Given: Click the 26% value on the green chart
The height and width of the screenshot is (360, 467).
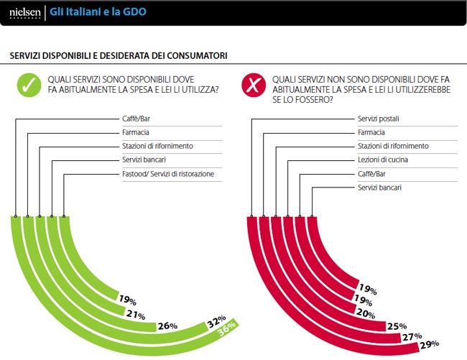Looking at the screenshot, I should (167, 326).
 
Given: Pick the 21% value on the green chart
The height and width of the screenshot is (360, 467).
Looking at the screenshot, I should (136, 315).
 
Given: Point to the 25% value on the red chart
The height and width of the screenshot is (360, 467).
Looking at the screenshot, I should (394, 326).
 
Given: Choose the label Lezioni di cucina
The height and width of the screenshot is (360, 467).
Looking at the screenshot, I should (382, 160).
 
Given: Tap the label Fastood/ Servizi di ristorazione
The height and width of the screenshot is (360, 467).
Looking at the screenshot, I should (167, 174).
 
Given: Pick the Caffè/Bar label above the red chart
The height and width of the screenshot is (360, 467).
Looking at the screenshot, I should (373, 173).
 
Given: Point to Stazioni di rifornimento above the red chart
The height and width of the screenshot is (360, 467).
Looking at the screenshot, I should (393, 146).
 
